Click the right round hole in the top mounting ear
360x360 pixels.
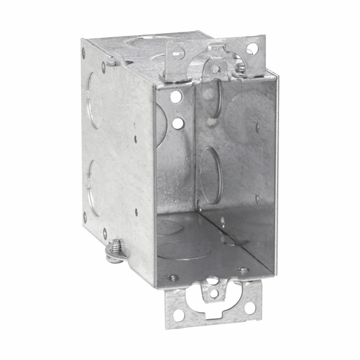click(251, 49)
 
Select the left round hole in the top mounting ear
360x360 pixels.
click(178, 51)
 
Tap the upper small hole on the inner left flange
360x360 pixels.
click(176, 96)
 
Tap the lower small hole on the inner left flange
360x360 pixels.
click(178, 123)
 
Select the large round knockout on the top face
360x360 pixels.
click(144, 41)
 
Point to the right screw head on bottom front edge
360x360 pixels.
click(243, 271)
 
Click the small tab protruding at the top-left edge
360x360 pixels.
click(111, 63)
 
